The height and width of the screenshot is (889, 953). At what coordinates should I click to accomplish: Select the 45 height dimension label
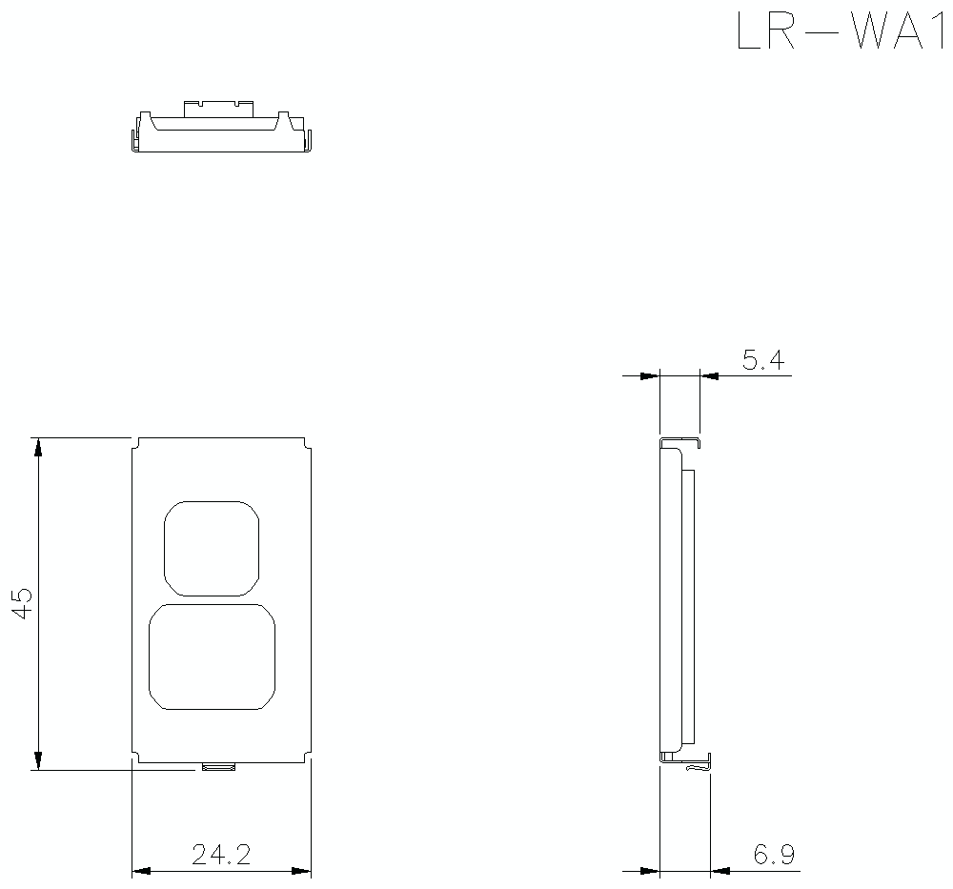click(x=23, y=604)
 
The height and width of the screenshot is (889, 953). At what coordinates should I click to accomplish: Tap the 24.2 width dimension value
click(x=221, y=855)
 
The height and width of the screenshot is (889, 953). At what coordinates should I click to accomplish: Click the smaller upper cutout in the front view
click(x=212, y=548)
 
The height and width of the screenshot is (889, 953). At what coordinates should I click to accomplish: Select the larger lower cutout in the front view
click(x=212, y=657)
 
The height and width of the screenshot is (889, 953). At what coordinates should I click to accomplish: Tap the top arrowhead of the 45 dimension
click(x=38, y=448)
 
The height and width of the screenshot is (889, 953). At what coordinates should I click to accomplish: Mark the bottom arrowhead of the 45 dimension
click(x=38, y=759)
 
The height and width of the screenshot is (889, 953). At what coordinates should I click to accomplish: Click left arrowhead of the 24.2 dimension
click(x=142, y=871)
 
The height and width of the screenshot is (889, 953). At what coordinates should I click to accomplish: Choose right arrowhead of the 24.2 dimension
click(x=300, y=871)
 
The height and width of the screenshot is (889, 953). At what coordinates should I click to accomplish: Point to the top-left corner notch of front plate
click(x=135, y=443)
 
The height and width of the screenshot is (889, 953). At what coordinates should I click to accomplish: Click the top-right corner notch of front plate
click(x=307, y=443)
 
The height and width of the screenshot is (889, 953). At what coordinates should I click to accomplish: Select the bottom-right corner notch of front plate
click(x=307, y=758)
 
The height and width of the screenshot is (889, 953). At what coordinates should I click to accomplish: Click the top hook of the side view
click(x=681, y=442)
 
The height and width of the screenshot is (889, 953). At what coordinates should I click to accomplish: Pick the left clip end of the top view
click(x=134, y=139)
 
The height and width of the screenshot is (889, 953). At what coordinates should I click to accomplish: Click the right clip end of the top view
click(x=307, y=139)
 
